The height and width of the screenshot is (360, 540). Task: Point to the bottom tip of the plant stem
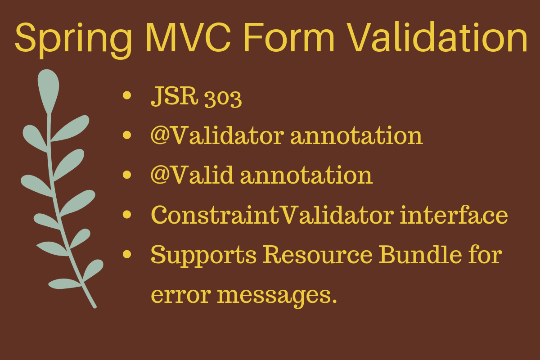tap(94, 307)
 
